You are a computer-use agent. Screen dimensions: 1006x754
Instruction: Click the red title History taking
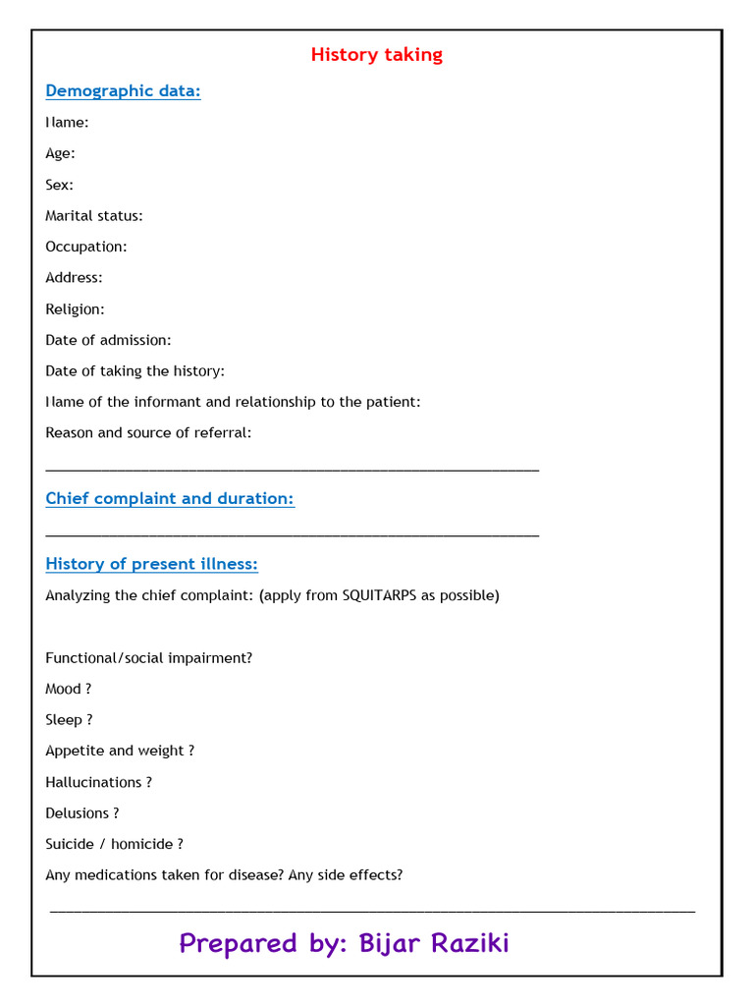pyautogui.click(x=376, y=55)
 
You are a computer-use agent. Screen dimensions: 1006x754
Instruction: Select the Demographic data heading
pyautogui.click(x=123, y=91)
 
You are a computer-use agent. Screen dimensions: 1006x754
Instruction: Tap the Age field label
pyautogui.click(x=60, y=153)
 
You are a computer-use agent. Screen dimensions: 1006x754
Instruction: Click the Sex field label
pyautogui.click(x=59, y=185)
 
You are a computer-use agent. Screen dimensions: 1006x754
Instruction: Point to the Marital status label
pyautogui.click(x=94, y=216)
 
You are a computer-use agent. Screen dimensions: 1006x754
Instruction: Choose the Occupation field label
pyautogui.click(x=86, y=247)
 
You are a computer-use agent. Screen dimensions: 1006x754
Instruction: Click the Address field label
pyautogui.click(x=74, y=278)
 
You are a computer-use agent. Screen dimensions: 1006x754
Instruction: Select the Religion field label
pyautogui.click(x=75, y=309)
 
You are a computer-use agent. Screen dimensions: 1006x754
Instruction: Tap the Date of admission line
pyautogui.click(x=108, y=340)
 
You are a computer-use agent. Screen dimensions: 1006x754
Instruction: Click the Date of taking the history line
pyautogui.click(x=135, y=371)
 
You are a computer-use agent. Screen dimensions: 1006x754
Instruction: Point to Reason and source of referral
pyautogui.click(x=148, y=433)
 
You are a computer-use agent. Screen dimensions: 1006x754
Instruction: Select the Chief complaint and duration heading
pyautogui.click(x=170, y=499)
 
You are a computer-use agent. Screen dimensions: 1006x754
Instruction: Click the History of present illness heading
pyautogui.click(x=151, y=564)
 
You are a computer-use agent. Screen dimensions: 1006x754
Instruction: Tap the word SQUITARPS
pyautogui.click(x=379, y=595)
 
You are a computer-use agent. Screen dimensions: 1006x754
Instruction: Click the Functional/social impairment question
pyautogui.click(x=148, y=658)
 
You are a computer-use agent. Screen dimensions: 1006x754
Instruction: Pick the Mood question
pyautogui.click(x=69, y=690)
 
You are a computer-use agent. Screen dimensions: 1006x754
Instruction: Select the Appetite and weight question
pyautogui.click(x=120, y=751)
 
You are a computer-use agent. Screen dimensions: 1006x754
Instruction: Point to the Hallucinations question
pyautogui.click(x=98, y=782)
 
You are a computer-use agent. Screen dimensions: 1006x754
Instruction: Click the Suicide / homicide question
pyautogui.click(x=114, y=844)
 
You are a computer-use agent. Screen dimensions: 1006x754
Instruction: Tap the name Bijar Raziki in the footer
pyautogui.click(x=434, y=944)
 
